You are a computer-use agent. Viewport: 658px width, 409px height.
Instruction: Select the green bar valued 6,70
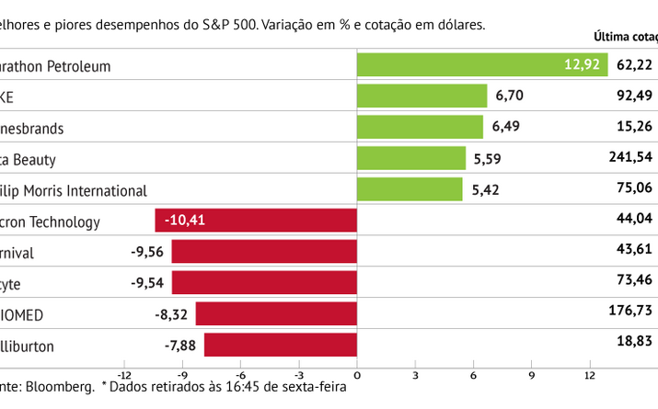pyautogui.click(x=421, y=97)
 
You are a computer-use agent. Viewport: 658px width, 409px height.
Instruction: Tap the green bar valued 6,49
pyautogui.click(x=420, y=128)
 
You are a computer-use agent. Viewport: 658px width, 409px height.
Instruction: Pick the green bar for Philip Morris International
pyautogui.click(x=410, y=189)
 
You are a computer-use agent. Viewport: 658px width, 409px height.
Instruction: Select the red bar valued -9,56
pyautogui.click(x=264, y=252)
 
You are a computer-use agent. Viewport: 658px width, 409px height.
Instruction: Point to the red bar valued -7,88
pyautogui.click(x=280, y=346)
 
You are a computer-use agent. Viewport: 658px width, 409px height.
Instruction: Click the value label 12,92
pyautogui.click(x=582, y=65)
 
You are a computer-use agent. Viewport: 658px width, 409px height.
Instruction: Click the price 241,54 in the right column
pyautogui.click(x=630, y=157)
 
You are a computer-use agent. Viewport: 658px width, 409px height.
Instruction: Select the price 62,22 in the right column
pyautogui.click(x=634, y=64)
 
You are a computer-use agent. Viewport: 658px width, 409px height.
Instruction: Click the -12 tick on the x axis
pyautogui.click(x=124, y=375)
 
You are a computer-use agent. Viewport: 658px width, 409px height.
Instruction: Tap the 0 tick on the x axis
pyautogui.click(x=357, y=375)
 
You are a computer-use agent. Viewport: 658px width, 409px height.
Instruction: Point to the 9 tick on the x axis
pyautogui.click(x=531, y=375)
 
